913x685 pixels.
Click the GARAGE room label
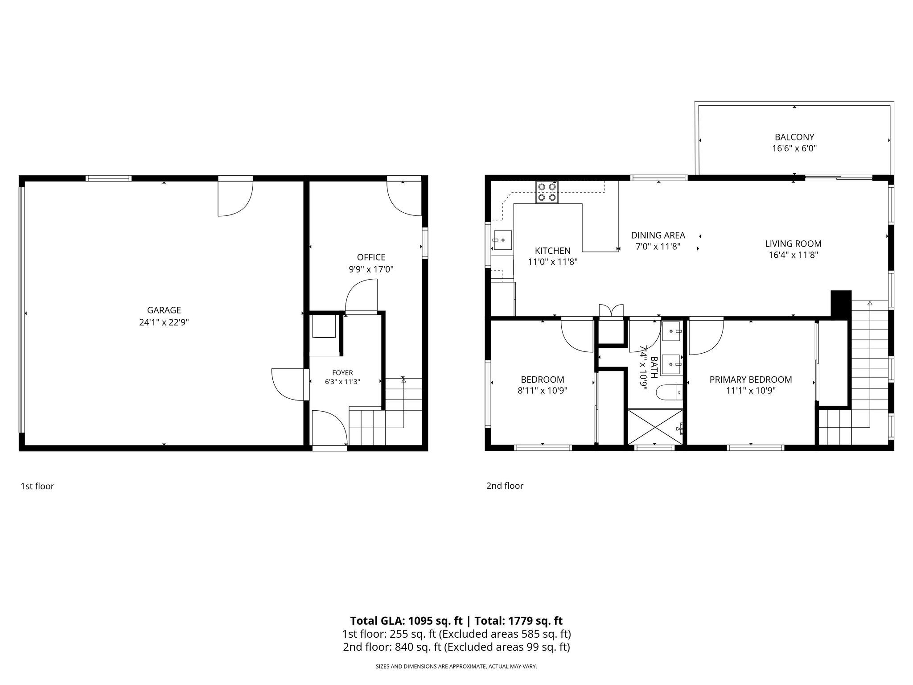pyautogui.click(x=164, y=310)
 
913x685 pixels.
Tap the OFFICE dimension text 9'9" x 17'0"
pyautogui.click(x=371, y=269)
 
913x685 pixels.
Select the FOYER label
pyautogui.click(x=342, y=373)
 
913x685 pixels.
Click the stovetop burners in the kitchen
pyautogui.click(x=547, y=192)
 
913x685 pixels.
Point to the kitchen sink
pyautogui.click(x=502, y=240)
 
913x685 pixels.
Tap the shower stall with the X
pyautogui.click(x=655, y=427)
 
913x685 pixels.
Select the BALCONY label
pyautogui.click(x=794, y=137)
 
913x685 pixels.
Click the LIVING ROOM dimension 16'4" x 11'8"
pyautogui.click(x=793, y=255)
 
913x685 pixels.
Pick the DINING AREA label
pyautogui.click(x=658, y=235)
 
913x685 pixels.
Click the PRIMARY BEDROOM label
pyautogui.click(x=751, y=380)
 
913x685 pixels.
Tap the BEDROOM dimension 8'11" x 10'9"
pyautogui.click(x=543, y=391)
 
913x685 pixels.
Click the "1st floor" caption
pyautogui.click(x=37, y=486)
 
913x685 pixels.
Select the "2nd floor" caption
pyautogui.click(x=505, y=486)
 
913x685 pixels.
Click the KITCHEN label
pyautogui.click(x=553, y=251)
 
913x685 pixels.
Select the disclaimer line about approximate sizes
pyautogui.click(x=456, y=666)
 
